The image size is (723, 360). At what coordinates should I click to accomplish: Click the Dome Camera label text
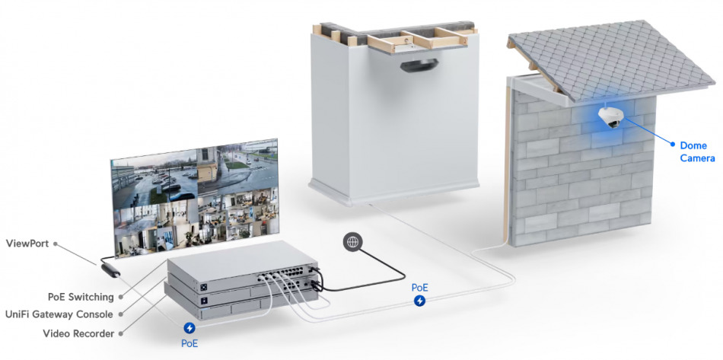[x=698, y=152]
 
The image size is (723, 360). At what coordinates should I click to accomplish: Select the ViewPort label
[x=27, y=244]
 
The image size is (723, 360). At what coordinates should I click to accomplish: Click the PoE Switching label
[x=81, y=296]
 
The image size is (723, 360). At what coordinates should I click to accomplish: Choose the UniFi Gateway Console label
[x=59, y=314]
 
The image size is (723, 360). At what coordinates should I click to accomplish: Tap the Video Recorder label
[x=78, y=333]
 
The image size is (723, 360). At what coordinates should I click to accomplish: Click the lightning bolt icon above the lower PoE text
[x=189, y=328]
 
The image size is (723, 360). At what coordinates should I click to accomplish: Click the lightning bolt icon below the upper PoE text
[x=419, y=301]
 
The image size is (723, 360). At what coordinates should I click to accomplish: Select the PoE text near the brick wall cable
[x=419, y=288]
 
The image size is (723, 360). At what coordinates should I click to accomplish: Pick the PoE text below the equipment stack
[x=189, y=344]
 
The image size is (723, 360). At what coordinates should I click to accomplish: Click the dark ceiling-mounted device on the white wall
[x=419, y=65]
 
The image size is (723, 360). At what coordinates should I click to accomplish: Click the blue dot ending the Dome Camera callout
[x=673, y=145]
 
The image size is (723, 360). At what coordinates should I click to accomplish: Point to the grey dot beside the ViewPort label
[x=56, y=244]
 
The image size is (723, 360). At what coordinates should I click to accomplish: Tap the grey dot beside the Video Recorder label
[x=121, y=333]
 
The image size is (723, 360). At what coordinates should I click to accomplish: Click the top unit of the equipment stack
[x=242, y=268]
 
